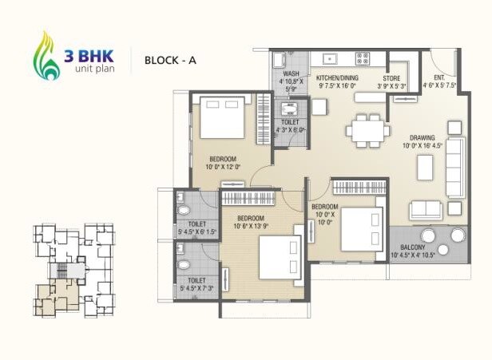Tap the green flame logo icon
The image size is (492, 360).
click(47, 58)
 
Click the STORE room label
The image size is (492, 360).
click(391, 78)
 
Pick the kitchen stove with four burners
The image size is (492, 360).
click(362, 57)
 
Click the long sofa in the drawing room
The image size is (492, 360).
click(454, 168)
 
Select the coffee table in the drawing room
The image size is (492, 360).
click(425, 167)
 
